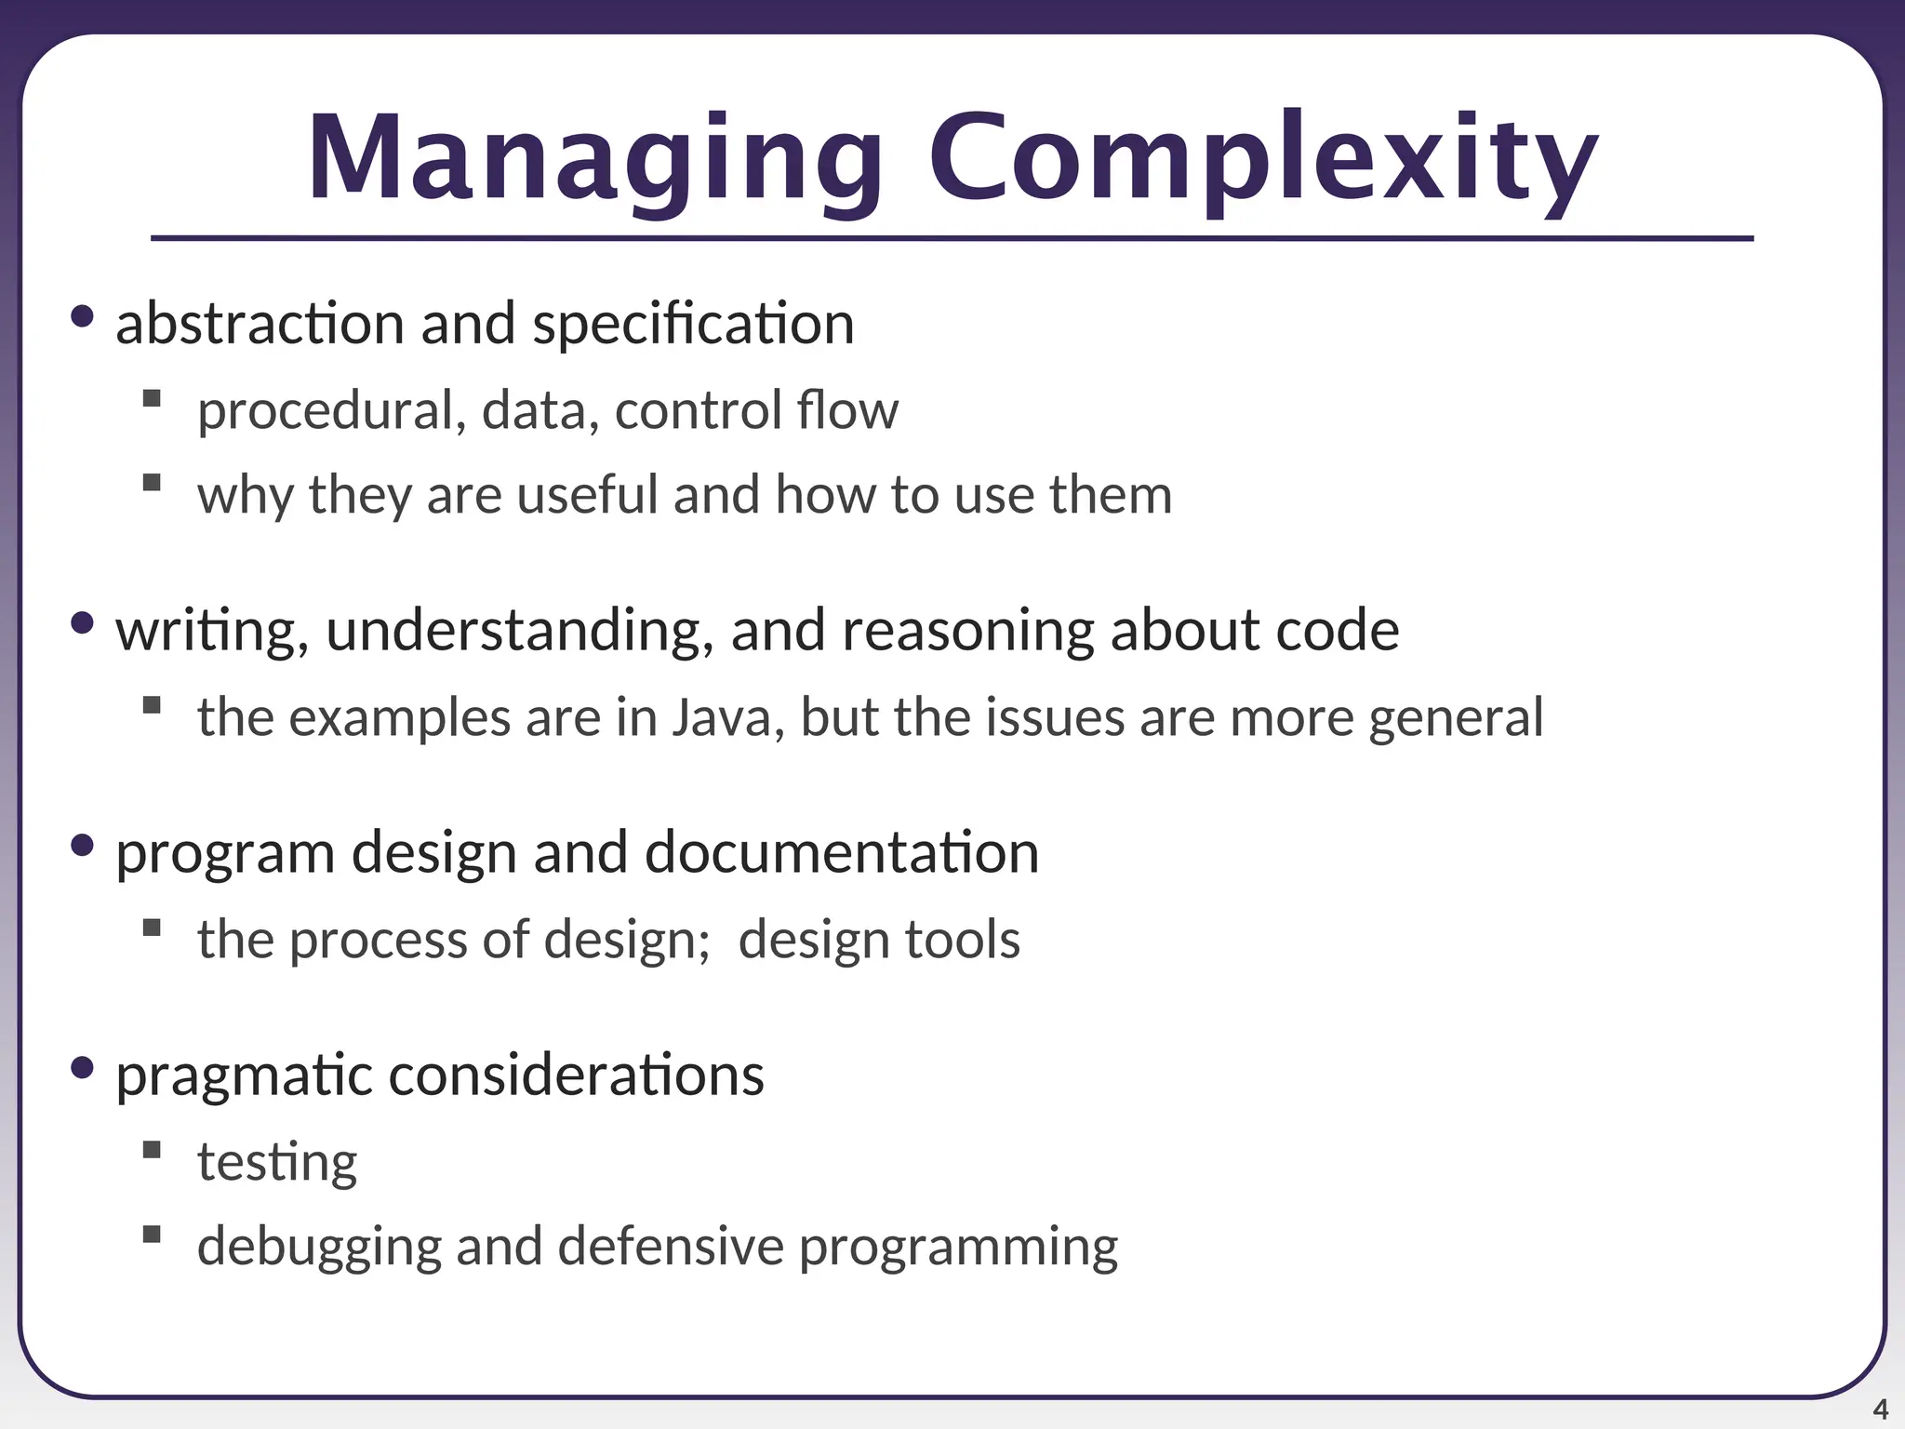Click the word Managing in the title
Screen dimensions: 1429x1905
pos(595,158)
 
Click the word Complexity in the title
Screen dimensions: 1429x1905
pos(1262,158)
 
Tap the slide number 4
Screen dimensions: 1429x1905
pos(1880,1409)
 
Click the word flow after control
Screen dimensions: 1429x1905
pos(847,410)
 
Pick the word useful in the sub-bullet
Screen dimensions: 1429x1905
pos(587,494)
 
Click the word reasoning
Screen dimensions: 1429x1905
pos(967,631)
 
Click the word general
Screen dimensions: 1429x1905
pos(1456,717)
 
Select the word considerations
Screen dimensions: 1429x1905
pos(576,1075)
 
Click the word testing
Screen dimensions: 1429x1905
pos(277,1162)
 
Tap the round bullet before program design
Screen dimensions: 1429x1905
pos(82,845)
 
